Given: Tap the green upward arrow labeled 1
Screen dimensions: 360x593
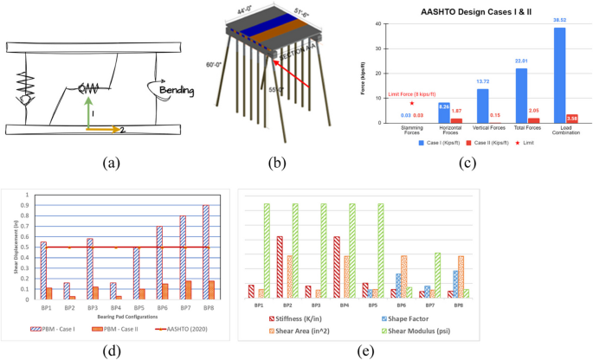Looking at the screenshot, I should [86, 112].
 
